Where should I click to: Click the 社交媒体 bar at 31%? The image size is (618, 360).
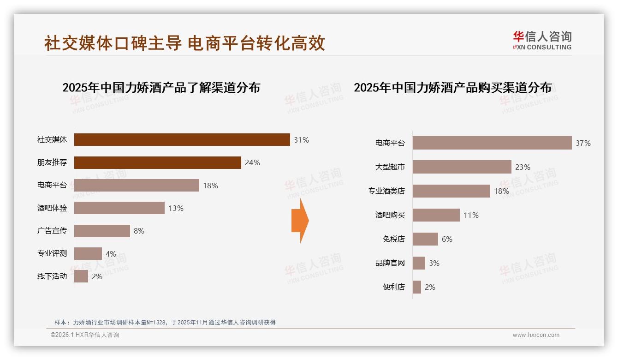pos(182,140)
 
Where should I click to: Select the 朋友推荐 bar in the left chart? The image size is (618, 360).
pos(157,162)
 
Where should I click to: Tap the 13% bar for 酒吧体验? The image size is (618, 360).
pos(119,208)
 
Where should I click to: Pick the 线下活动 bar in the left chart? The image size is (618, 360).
pos(81,276)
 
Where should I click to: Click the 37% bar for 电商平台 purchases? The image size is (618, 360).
pos(492,143)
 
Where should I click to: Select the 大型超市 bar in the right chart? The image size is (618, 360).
pos(462,167)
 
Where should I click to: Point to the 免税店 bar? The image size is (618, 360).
pos(425,239)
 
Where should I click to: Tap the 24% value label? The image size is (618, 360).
pos(253,163)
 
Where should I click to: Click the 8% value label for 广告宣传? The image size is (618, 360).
pos(139,231)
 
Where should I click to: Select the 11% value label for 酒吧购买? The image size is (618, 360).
pos(471,216)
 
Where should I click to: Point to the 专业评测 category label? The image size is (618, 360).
pos(52,253)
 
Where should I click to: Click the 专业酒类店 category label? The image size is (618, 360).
pos(386,191)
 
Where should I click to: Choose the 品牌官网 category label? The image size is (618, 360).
pos(390,263)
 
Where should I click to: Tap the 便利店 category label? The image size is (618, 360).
pos(394,287)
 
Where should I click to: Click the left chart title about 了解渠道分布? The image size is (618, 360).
pos(161,88)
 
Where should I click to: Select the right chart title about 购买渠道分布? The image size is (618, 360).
pos(452,88)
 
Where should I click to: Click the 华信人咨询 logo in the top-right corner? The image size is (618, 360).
pos(542,41)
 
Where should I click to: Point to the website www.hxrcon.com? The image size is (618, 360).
pos(536,335)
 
